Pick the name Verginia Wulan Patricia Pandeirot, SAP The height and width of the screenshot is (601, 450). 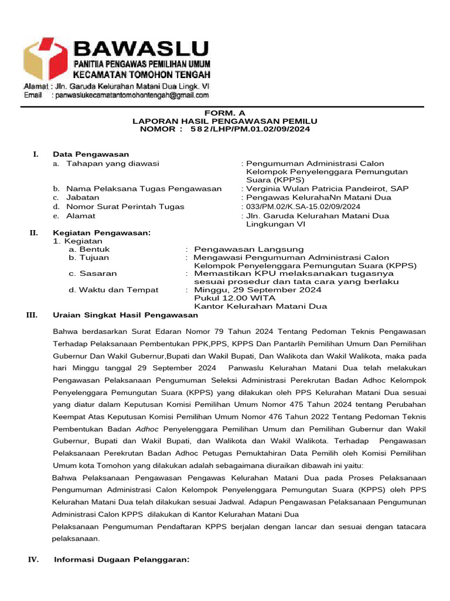(326, 189)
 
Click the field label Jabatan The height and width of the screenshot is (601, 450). (83, 198)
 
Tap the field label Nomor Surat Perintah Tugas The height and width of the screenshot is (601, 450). (125, 207)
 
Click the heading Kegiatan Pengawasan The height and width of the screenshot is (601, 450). (101, 233)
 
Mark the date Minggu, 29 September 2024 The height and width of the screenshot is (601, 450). (257, 290)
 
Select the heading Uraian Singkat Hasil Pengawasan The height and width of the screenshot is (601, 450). (125, 315)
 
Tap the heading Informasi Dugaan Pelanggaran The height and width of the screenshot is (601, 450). (122, 560)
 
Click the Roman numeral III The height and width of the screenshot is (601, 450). (32, 315)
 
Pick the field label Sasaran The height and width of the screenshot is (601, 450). (93, 274)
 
